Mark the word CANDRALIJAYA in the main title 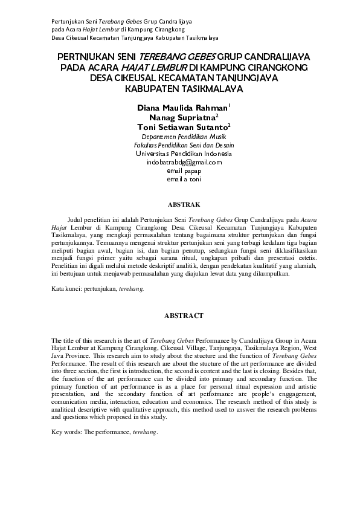[274, 57]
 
